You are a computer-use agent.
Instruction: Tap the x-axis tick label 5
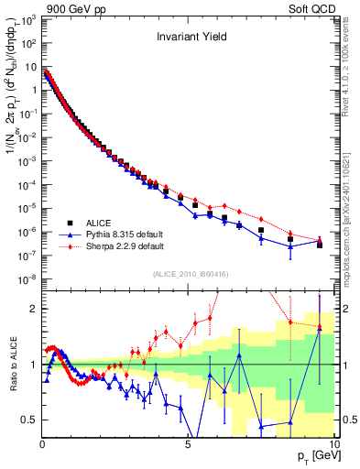pos(188,444)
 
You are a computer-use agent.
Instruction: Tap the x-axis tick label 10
pos(333,444)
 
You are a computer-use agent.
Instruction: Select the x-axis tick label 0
pos(43,444)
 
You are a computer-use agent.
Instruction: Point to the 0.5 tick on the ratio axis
pos(31,420)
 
